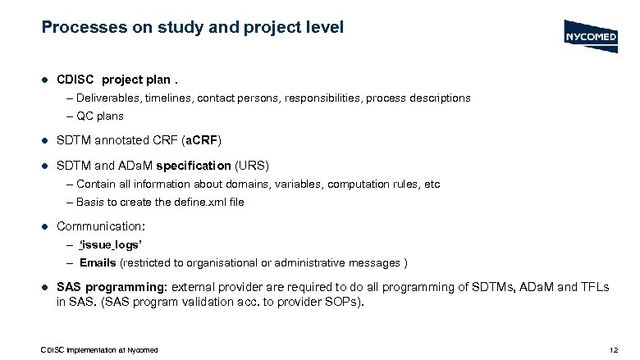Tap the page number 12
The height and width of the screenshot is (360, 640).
tap(615, 350)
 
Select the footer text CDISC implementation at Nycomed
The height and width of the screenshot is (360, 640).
tap(99, 350)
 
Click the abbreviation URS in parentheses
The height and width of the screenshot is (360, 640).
tap(252, 165)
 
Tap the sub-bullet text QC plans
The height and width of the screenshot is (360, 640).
tap(101, 116)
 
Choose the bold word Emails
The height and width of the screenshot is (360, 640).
tap(98, 262)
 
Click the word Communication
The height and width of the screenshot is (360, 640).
tap(98, 226)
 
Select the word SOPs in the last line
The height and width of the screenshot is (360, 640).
tap(347, 301)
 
